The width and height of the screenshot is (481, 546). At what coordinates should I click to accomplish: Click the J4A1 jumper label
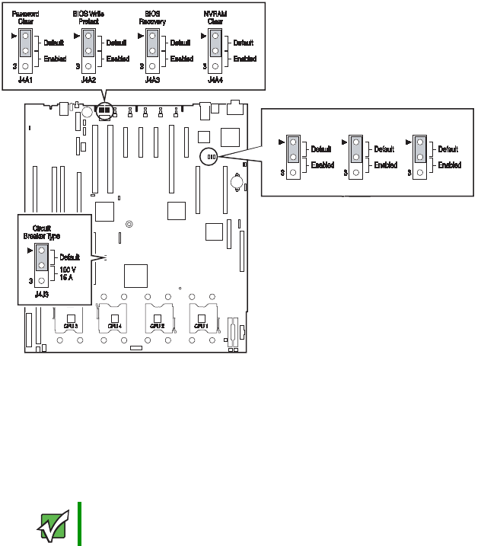click(x=25, y=78)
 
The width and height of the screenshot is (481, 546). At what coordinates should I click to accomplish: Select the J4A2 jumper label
click(x=88, y=78)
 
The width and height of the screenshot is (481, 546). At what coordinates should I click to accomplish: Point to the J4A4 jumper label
click(x=215, y=78)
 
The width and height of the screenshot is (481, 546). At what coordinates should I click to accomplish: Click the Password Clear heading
click(x=26, y=18)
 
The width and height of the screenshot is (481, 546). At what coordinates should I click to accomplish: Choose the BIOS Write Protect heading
click(x=88, y=18)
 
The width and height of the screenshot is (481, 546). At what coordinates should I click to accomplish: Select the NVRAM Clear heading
click(x=215, y=18)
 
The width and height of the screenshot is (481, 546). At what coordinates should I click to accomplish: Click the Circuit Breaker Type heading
click(x=42, y=231)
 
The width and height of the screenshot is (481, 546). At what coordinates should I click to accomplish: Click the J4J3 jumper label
click(x=41, y=293)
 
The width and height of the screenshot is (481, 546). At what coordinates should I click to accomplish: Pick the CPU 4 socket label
click(x=115, y=325)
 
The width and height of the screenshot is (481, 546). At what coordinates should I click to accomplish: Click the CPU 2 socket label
click(x=158, y=325)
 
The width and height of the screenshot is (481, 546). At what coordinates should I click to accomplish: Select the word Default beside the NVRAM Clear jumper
click(x=244, y=43)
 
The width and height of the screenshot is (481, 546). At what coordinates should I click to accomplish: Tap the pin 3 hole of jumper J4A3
click(x=152, y=65)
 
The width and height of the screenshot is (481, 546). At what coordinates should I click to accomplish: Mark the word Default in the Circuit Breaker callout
click(x=70, y=257)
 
